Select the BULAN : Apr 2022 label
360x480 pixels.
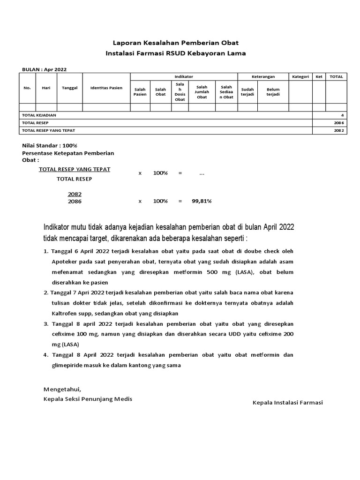point(45,69)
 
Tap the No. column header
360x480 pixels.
point(27,88)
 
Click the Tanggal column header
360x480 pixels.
point(69,88)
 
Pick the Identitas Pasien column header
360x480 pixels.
point(106,88)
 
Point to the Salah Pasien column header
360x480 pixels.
point(140,91)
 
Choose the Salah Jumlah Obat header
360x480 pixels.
point(202,91)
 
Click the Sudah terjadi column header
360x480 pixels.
point(247,91)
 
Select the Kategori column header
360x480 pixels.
point(300,76)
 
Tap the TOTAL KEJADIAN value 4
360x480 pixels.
point(342,115)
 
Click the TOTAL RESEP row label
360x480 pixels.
point(36,123)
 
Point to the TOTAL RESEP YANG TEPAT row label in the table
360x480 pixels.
point(49,130)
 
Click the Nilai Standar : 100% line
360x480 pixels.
point(50,145)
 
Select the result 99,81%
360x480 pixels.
point(202,201)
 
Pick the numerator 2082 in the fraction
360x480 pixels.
point(75,194)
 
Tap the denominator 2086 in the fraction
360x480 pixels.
point(75,202)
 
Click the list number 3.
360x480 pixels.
point(46,324)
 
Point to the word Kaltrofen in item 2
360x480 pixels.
point(65,313)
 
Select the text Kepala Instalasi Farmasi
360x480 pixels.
point(288,403)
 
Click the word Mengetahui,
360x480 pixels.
point(62,389)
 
